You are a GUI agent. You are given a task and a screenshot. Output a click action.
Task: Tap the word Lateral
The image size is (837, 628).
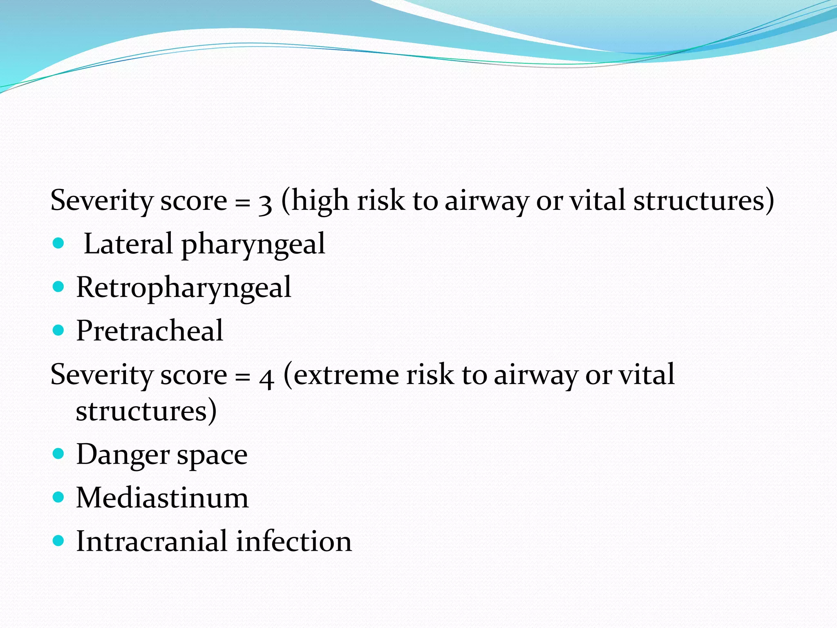pos(128,244)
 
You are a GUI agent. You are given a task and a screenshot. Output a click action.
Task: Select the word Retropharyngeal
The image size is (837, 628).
pos(184,288)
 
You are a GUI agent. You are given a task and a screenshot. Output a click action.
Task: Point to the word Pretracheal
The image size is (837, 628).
pos(150,331)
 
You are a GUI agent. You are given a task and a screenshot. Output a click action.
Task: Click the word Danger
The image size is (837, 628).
pos(123,455)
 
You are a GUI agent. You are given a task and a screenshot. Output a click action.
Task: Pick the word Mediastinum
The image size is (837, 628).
pos(162,498)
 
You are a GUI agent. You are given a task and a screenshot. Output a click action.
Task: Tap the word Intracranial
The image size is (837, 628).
pos(152,541)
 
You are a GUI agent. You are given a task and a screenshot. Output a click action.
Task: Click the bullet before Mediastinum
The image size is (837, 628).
pos(59,498)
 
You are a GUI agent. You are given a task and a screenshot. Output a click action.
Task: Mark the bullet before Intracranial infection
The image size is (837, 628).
pos(59,541)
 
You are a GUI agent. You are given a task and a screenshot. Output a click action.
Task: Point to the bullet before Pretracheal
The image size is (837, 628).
pos(59,330)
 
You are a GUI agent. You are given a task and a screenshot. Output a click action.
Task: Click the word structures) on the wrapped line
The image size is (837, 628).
pos(146,411)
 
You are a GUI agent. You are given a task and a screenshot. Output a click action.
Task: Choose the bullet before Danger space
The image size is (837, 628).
pos(59,454)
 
